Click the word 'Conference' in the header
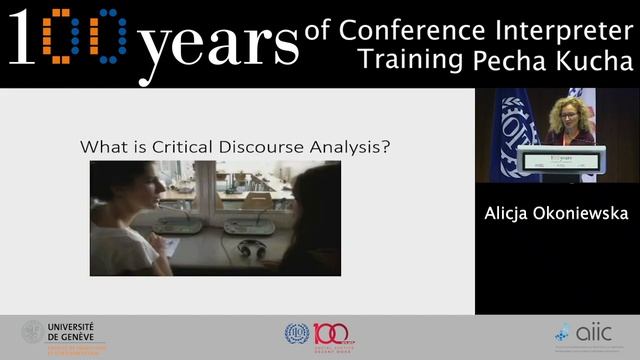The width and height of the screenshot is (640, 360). (419, 28)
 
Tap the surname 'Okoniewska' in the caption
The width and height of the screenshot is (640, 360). (585, 213)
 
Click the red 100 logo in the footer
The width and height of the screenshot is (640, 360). (329, 333)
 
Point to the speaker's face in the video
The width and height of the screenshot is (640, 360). (558, 112)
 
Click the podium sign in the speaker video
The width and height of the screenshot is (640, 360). (560, 158)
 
